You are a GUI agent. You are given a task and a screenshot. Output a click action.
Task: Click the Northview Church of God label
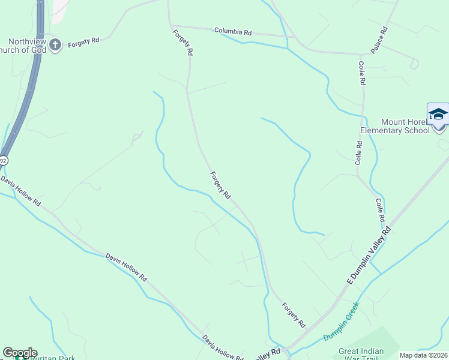coord(24,46)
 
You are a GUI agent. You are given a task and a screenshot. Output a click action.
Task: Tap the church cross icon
coord(55,44)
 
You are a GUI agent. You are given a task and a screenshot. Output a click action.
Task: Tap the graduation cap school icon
coord(438,114)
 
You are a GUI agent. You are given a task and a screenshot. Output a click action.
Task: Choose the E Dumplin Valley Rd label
coord(369,254)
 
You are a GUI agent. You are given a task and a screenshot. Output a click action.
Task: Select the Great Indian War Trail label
coord(365,355)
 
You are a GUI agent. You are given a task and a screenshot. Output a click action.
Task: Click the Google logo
coord(20,353)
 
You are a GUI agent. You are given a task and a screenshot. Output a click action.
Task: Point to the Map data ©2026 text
coord(423,355)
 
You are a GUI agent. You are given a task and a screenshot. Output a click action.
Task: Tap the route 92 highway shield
coord(4,160)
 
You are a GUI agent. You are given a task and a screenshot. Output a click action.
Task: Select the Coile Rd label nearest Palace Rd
coord(362,73)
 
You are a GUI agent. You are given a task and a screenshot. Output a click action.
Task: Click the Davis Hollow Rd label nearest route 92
coord(20,192)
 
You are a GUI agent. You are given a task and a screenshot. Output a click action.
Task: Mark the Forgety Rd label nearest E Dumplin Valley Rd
coord(294,314)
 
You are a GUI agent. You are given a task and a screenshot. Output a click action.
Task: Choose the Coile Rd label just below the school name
coord(359,153)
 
